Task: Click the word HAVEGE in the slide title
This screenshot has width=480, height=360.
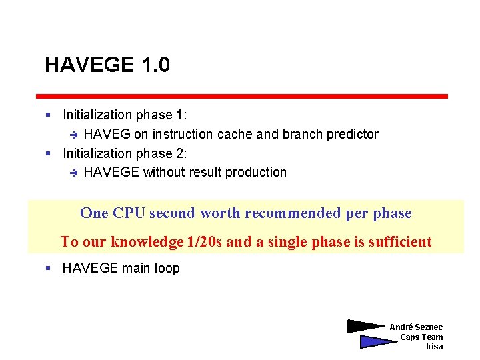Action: tap(90, 65)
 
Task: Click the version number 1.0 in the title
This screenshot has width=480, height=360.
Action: tap(155, 65)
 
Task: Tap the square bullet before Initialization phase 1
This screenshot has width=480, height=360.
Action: tap(48, 115)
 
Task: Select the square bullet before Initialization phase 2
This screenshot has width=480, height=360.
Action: tap(48, 153)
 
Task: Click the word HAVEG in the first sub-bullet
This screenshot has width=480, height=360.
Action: tap(107, 135)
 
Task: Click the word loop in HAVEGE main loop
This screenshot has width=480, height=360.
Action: tap(167, 269)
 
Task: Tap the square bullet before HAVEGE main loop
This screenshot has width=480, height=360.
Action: tap(48, 269)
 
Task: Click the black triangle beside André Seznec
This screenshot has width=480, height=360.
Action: tap(365, 327)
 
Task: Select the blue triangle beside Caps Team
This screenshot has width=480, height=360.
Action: tap(376, 342)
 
